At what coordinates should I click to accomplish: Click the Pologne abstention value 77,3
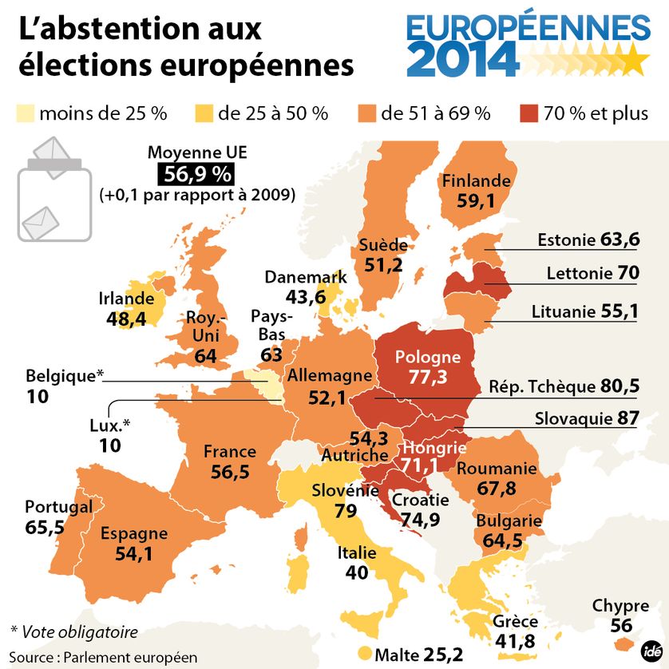(428, 376)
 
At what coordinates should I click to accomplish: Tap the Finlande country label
(476, 180)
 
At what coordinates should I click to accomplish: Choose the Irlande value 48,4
(126, 319)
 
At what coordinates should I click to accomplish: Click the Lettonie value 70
(628, 274)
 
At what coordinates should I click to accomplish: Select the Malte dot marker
(366, 653)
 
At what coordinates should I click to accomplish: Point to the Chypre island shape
(622, 643)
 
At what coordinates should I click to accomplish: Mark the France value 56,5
(230, 472)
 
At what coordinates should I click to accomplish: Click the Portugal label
(58, 507)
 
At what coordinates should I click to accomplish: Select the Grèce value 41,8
(515, 641)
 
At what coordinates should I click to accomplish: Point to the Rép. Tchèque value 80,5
(620, 386)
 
